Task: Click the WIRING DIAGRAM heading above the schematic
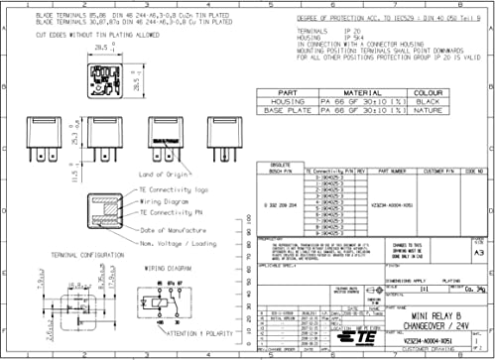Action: [x=167, y=267]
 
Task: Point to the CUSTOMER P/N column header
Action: [x=436, y=171]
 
